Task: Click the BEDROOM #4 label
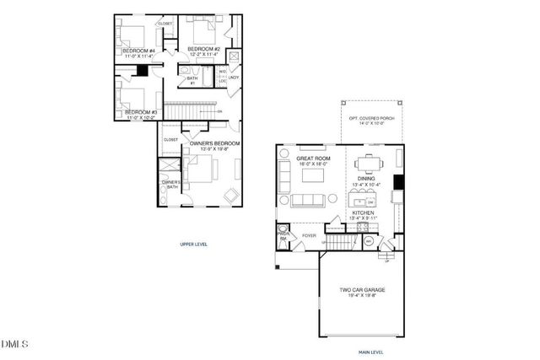138,51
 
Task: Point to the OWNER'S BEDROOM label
215,144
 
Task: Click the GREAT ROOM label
313,158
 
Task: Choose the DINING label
366,179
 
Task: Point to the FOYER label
310,235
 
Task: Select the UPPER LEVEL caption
194,244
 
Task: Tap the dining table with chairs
369,161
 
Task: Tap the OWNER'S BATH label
171,185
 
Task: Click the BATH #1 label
192,82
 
